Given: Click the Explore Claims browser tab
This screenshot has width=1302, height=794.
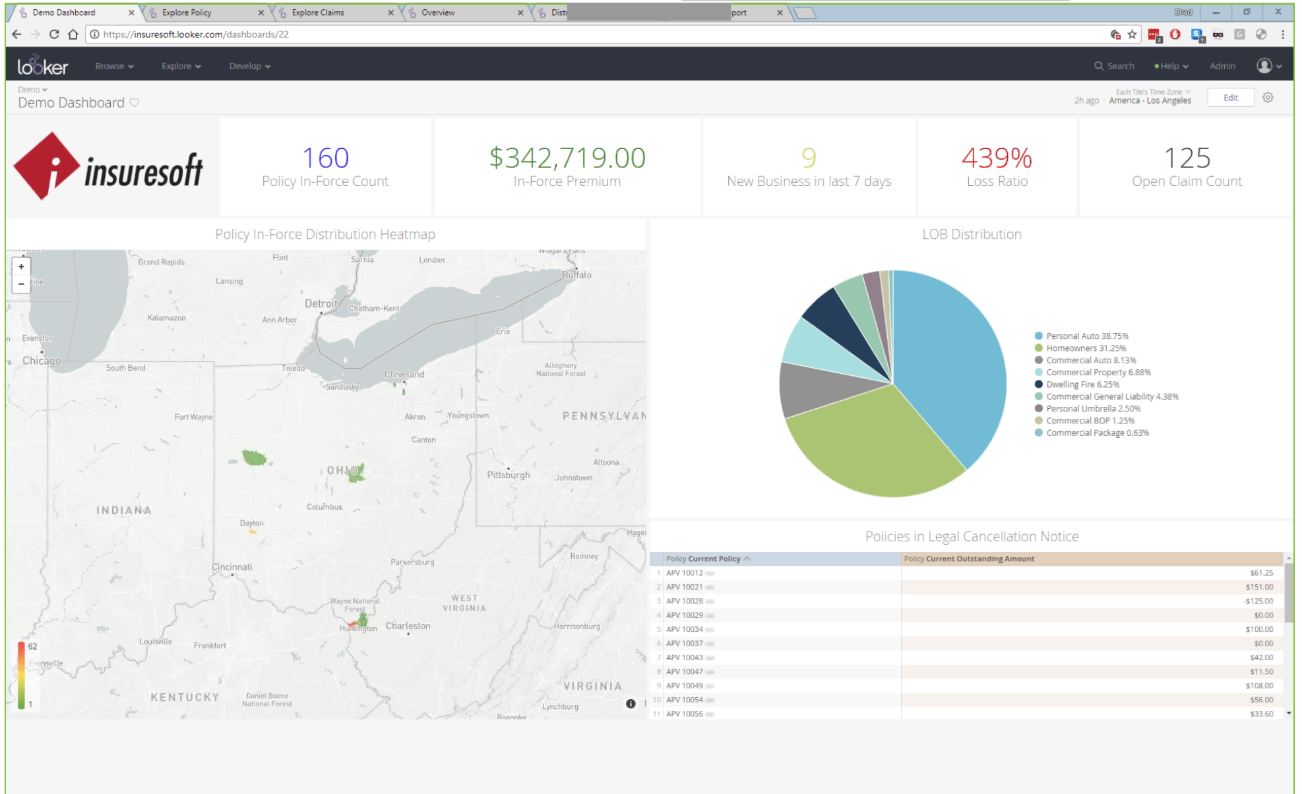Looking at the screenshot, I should tap(318, 13).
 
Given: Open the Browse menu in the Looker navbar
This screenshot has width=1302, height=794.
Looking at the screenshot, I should tap(113, 66).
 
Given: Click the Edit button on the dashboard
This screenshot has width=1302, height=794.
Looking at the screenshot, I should tap(1230, 98).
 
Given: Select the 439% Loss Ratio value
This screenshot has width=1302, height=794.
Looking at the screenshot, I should tap(996, 158).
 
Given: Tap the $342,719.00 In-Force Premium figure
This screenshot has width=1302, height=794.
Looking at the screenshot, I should tap(567, 158).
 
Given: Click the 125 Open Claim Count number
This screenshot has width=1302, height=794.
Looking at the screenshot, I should tap(1186, 158).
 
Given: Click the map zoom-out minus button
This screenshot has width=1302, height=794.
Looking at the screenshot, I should tap(22, 284).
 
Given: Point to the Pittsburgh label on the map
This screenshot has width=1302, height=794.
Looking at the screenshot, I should tap(508, 475).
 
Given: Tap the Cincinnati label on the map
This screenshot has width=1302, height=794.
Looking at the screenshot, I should tap(232, 567).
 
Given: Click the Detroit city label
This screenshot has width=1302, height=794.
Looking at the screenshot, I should tap(321, 304).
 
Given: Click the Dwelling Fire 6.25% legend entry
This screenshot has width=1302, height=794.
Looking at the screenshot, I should tap(1082, 384).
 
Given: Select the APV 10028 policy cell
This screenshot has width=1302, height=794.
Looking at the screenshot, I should tap(684, 601).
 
